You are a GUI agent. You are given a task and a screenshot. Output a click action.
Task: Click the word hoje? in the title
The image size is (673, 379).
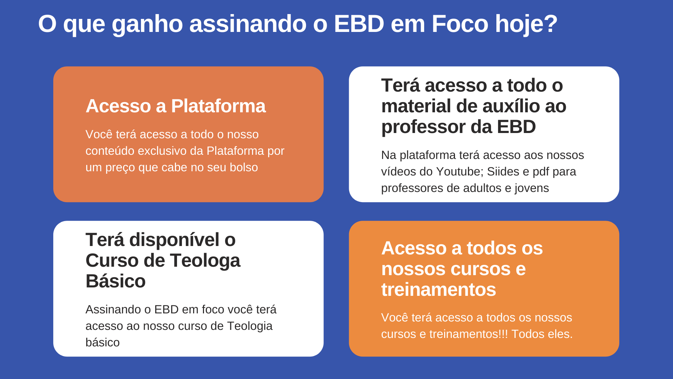point(526,25)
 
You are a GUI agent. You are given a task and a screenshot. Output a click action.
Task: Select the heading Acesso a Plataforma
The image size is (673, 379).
point(176,106)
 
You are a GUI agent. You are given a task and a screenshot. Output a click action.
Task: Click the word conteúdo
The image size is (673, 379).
point(110,151)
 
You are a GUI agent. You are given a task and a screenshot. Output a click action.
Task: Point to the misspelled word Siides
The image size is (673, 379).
point(503,172)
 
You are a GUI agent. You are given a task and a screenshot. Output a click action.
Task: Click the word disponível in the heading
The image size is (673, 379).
point(175,240)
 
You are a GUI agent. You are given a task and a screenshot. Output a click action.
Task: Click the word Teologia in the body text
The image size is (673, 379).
point(250,326)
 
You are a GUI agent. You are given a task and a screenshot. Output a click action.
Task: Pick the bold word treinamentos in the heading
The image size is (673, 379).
point(439,290)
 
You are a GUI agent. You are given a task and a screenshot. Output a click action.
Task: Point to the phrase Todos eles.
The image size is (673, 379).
point(542,334)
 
